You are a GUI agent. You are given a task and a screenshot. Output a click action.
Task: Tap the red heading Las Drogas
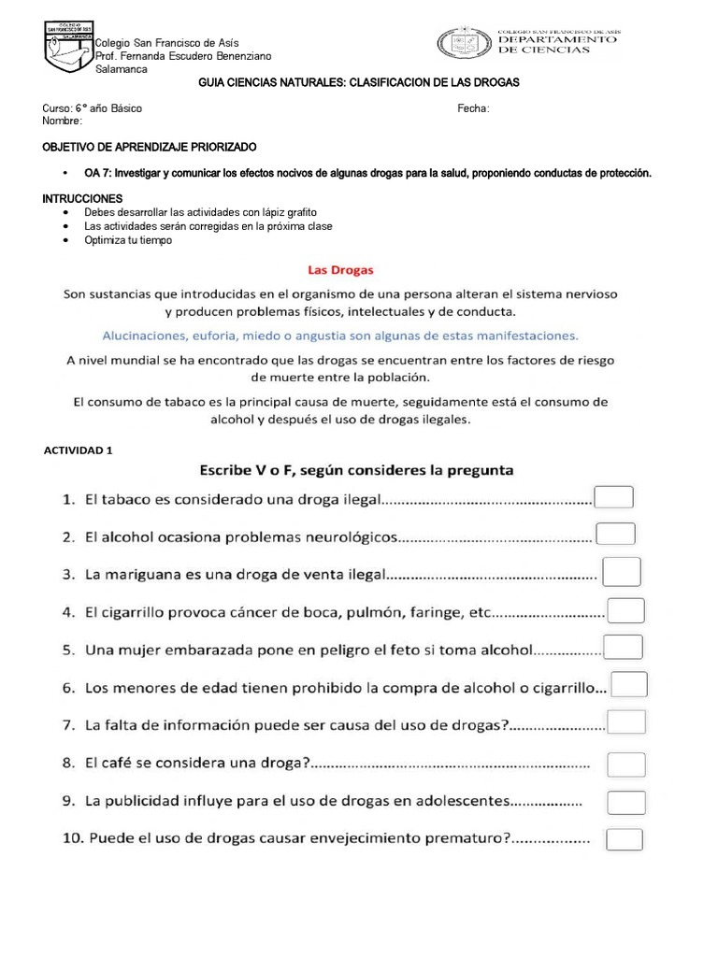335,270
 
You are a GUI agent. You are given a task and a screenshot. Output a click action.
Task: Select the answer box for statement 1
614,497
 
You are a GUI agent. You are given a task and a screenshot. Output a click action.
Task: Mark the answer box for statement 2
616,534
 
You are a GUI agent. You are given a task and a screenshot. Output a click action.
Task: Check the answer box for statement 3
622,571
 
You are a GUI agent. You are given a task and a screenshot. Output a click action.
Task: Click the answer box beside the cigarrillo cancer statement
625,610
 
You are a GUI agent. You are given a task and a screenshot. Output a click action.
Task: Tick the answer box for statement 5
624,647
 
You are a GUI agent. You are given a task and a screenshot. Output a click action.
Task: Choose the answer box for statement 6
629,685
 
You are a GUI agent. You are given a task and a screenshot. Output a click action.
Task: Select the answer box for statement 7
626,721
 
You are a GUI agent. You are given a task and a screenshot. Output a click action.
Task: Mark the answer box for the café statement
626,764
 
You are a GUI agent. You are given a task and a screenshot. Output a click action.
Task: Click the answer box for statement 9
626,802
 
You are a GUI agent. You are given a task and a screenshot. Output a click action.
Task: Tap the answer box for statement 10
625,838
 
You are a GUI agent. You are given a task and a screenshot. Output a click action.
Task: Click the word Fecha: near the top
473,108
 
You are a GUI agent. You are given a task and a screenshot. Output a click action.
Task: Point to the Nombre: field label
63,121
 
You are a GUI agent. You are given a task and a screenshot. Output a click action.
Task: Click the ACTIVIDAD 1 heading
79,450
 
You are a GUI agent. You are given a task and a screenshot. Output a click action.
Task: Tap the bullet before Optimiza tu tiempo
65,240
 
